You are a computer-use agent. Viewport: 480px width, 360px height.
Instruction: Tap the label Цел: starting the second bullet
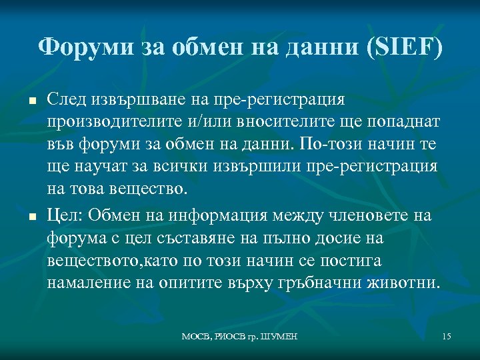tap(64, 215)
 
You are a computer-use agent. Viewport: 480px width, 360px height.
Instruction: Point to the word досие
tap(347, 237)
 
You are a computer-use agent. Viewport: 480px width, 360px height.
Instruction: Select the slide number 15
tap(446, 337)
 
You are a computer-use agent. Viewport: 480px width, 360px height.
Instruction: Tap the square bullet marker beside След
tap(32, 101)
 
